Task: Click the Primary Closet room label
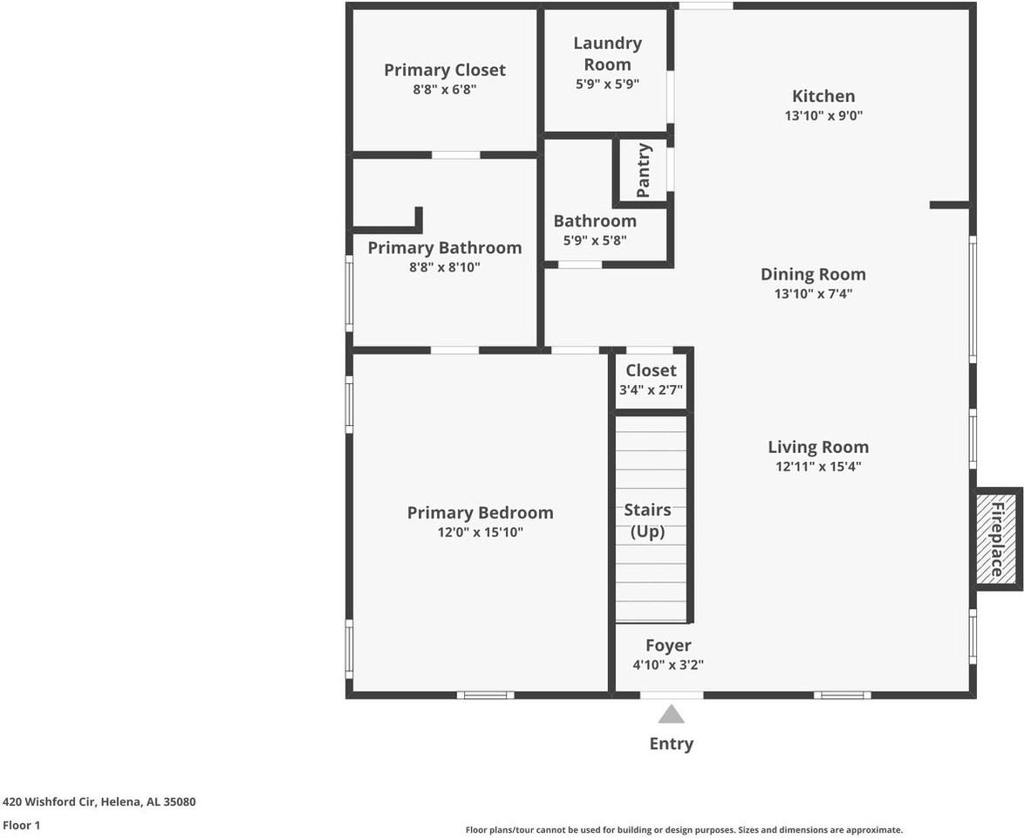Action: (445, 70)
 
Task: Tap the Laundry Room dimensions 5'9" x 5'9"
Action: (607, 85)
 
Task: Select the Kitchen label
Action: (823, 96)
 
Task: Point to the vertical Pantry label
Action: (644, 170)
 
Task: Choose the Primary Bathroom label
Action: (445, 248)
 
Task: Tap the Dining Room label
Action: (813, 274)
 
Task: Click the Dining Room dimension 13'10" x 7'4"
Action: (813, 294)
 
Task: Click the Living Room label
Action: (818, 447)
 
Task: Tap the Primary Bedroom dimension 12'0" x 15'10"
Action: (481, 532)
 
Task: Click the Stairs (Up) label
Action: (647, 520)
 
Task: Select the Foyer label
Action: (668, 645)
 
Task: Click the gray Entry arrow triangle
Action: (671, 715)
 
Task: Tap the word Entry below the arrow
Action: (671, 744)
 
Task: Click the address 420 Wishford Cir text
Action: (99, 801)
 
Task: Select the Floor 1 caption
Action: (22, 825)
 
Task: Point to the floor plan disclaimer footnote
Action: (684, 830)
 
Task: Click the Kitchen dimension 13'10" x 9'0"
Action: (823, 115)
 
